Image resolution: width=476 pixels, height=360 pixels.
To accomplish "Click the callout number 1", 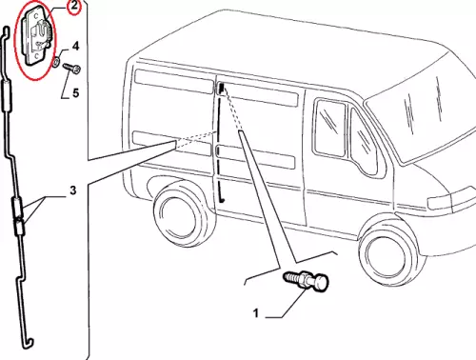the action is pyautogui.click(x=256, y=313).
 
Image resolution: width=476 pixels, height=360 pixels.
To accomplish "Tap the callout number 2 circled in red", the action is pyautogui.click(x=74, y=6).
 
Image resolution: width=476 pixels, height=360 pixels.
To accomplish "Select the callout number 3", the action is pyautogui.click(x=73, y=190).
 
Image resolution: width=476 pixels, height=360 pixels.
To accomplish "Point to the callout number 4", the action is pyautogui.click(x=75, y=47).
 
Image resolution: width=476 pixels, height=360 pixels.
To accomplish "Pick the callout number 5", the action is pyautogui.click(x=75, y=93).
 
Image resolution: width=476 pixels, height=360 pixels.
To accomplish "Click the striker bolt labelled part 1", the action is pyautogui.click(x=307, y=280).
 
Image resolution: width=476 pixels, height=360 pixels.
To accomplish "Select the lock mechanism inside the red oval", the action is pyautogui.click(x=36, y=36).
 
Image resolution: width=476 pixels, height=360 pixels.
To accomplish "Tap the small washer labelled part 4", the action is pyautogui.click(x=56, y=62).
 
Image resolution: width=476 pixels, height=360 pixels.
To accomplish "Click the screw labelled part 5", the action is pyautogui.click(x=71, y=69).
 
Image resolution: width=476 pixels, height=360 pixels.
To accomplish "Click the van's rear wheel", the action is pyautogui.click(x=179, y=212).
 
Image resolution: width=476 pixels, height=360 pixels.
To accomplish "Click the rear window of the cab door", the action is pyautogui.click(x=330, y=128).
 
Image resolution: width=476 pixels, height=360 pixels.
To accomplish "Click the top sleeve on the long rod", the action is pyautogui.click(x=7, y=96).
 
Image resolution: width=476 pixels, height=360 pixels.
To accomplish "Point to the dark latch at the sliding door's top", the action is pyautogui.click(x=221, y=88).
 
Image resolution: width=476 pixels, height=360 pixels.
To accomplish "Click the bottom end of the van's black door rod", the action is pyautogui.click(x=222, y=200).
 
